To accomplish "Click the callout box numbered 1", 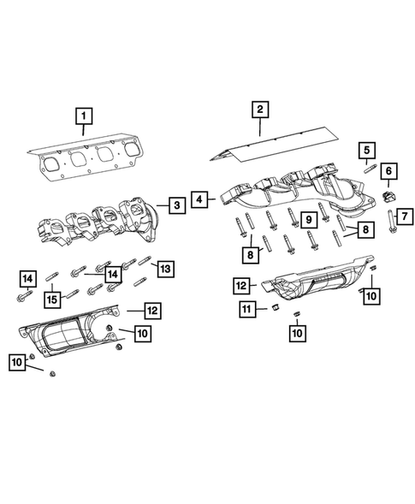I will pyautogui.click(x=83, y=114).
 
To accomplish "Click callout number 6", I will pyautogui.click(x=388, y=172).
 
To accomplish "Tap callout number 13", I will pyautogui.click(x=165, y=270).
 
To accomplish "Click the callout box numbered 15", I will pyautogui.click(x=52, y=299).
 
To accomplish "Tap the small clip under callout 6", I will pyautogui.click(x=387, y=198).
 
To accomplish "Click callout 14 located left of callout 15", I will pyautogui.click(x=28, y=276).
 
